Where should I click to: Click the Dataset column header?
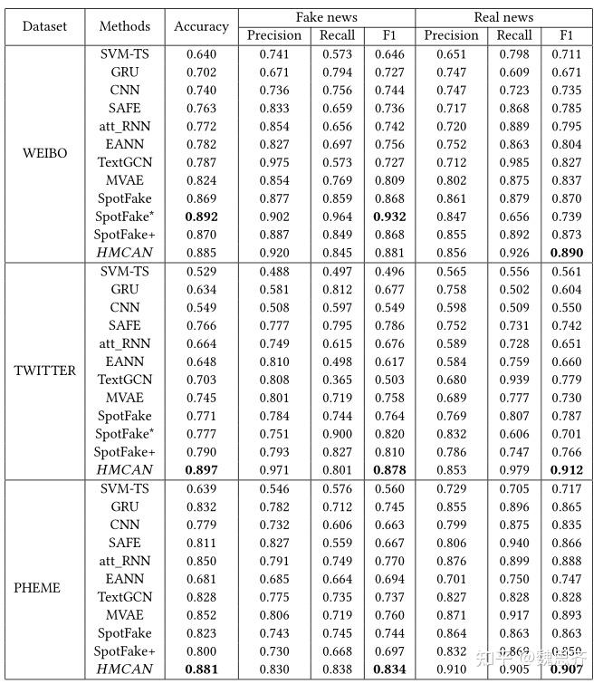(x=44, y=26)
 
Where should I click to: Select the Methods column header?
(x=124, y=26)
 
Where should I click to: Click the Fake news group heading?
(x=326, y=17)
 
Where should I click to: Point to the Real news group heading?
(x=503, y=17)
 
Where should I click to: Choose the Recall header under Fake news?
(x=338, y=35)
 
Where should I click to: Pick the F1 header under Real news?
(x=568, y=35)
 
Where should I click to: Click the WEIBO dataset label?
(x=45, y=152)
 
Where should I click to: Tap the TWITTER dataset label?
(x=45, y=371)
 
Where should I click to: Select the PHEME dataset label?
(x=38, y=587)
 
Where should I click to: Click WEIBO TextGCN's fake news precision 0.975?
(x=273, y=162)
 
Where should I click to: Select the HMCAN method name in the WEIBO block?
(x=124, y=253)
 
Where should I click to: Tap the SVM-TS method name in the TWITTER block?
(x=124, y=271)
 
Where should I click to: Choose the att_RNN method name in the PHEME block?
(x=124, y=560)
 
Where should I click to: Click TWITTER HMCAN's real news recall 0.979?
(x=513, y=469)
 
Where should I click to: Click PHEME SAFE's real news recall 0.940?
(x=513, y=542)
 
